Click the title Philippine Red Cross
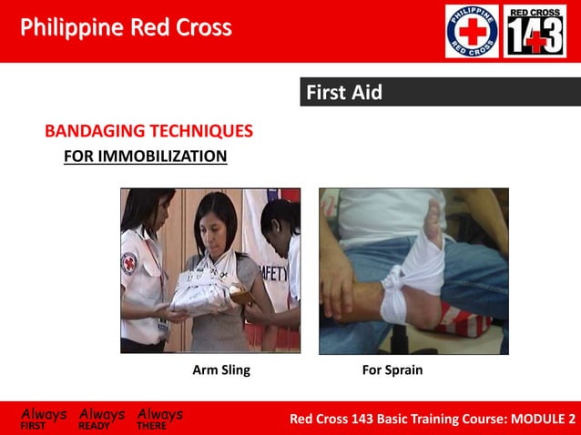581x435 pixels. tap(126, 28)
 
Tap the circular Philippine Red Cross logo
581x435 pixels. tap(472, 32)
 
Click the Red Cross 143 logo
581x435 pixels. tap(535, 32)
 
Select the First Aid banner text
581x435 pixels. tap(344, 93)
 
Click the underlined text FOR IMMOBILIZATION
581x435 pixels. tap(145, 157)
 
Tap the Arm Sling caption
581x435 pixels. tap(221, 370)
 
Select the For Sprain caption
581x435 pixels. tap(392, 370)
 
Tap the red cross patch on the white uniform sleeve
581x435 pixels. tap(129, 265)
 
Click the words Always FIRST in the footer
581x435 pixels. tap(43, 418)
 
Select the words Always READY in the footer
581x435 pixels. tap(101, 418)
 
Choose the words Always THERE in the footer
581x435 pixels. tap(159, 418)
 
